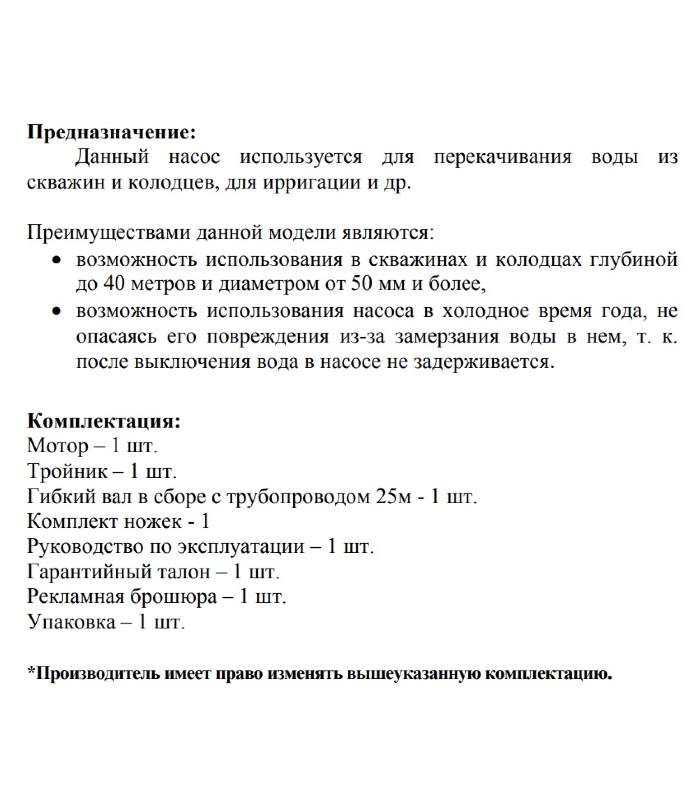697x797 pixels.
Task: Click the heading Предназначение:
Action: pos(112,133)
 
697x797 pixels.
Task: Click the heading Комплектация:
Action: pos(104,421)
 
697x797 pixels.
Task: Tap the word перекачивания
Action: pos(502,158)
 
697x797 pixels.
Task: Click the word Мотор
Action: pos(58,446)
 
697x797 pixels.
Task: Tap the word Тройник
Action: pos(67,471)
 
